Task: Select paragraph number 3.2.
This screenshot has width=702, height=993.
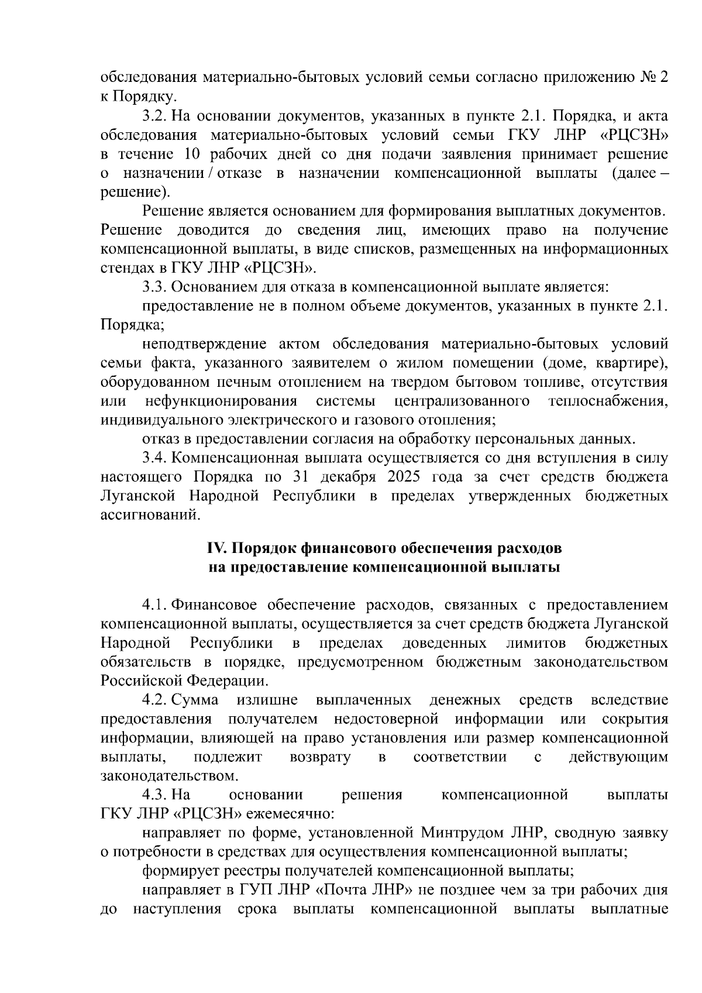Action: (154, 116)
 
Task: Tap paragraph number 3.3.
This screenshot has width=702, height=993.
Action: (154, 287)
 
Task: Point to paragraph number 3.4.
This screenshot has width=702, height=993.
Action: (154, 458)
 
